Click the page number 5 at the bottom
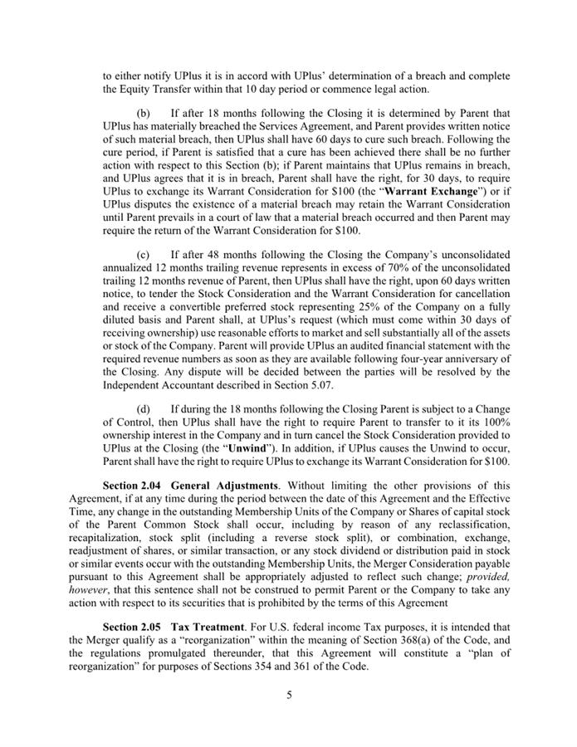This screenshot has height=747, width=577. click(x=289, y=696)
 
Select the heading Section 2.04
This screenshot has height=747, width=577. click(x=132, y=484)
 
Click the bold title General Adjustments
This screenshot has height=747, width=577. click(x=218, y=484)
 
